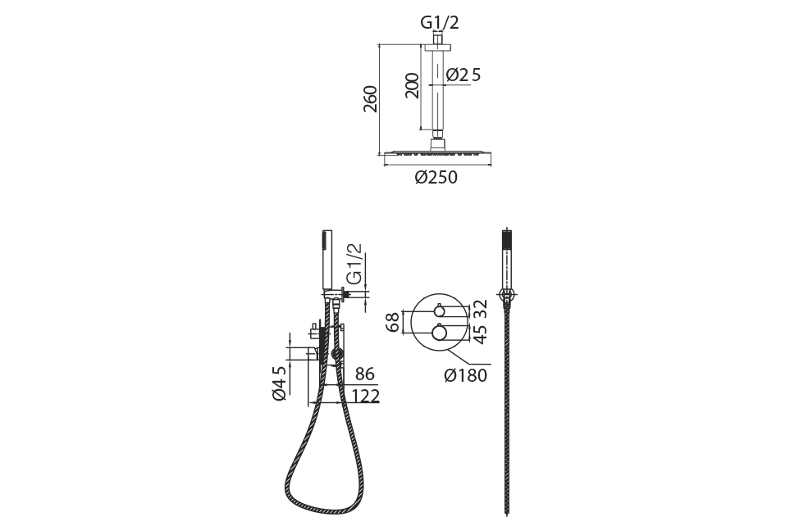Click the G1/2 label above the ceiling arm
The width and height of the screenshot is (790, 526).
coord(440,23)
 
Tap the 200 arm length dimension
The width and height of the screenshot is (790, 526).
coord(412,85)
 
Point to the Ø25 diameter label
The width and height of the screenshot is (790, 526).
coord(463,75)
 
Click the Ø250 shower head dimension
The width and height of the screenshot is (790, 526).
coord(436,177)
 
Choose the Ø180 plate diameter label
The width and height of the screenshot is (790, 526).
coord(465,375)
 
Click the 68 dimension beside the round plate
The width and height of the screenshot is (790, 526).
coord(394,322)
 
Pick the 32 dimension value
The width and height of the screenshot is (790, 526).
coord(482,309)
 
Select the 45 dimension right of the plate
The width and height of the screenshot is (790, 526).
coord(482,334)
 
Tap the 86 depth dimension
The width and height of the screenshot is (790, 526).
coord(365,374)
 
